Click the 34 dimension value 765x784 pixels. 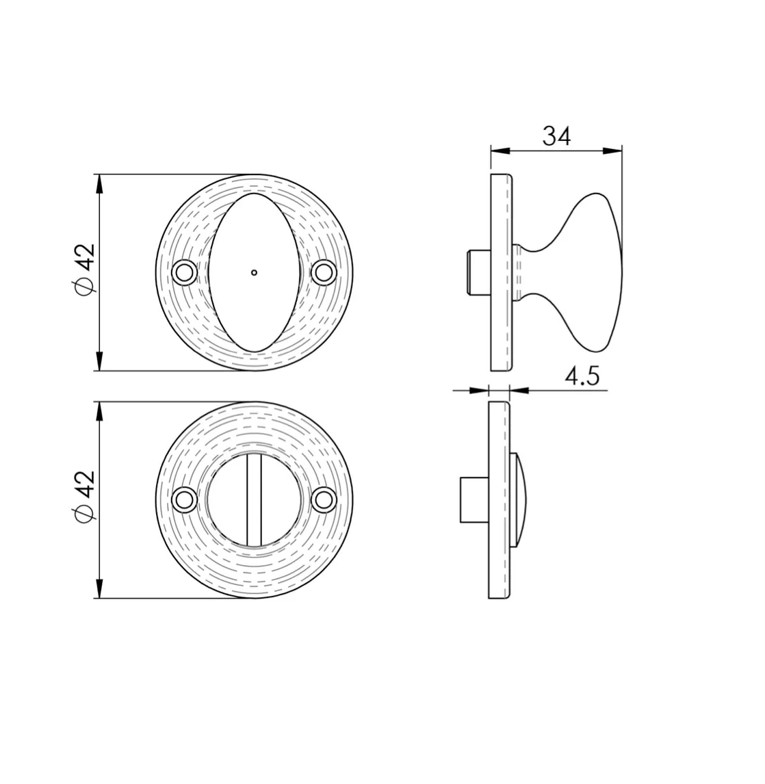[x=556, y=136]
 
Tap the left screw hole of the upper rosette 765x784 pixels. [x=183, y=272]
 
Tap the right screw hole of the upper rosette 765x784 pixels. [x=323, y=272]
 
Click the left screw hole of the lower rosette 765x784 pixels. [x=183, y=500]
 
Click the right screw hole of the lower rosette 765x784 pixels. [x=323, y=500]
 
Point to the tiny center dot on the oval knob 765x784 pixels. [x=254, y=272]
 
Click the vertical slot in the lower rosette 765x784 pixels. [x=254, y=500]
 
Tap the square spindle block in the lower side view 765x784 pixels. [x=474, y=499]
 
